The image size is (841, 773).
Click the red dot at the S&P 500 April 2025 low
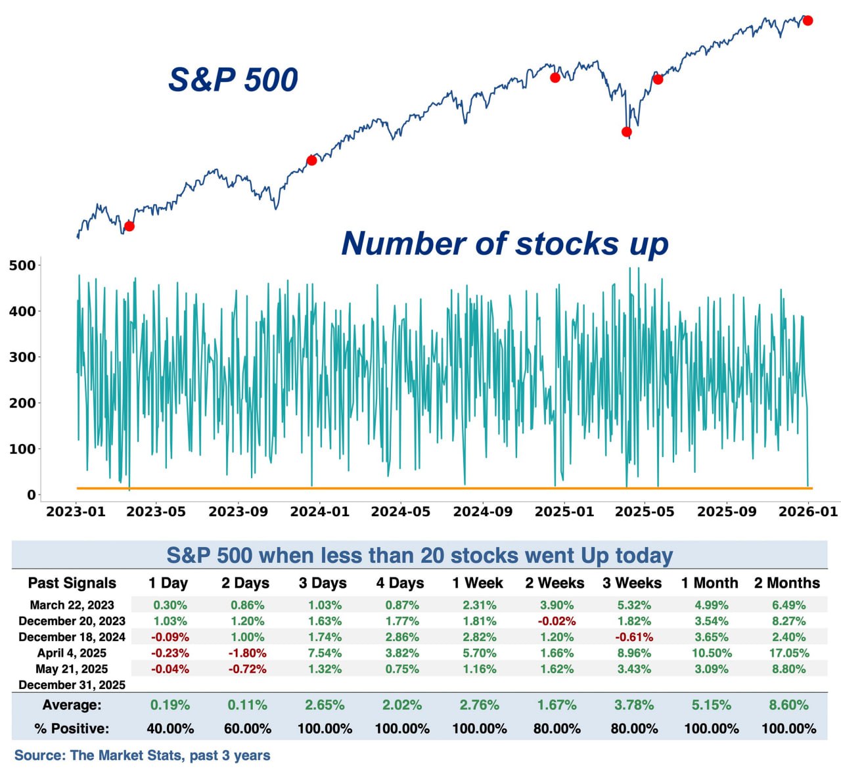click(x=626, y=132)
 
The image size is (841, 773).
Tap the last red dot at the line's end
click(x=808, y=20)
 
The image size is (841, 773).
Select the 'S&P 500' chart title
click(x=233, y=79)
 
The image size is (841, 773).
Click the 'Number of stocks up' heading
click(x=505, y=243)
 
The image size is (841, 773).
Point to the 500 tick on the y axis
click(x=22, y=265)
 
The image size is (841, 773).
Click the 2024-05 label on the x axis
click(x=401, y=512)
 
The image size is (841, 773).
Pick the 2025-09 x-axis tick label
click(x=727, y=512)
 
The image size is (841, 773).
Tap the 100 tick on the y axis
click(x=22, y=449)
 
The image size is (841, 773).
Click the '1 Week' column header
click(x=478, y=583)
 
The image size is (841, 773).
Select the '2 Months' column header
click(x=787, y=583)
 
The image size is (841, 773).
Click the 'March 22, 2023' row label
click(x=72, y=605)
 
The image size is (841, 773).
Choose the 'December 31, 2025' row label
click(x=72, y=685)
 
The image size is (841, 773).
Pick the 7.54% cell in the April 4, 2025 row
click(x=325, y=653)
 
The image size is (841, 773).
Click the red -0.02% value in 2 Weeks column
click(x=557, y=621)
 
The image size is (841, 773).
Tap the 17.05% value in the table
click(x=788, y=653)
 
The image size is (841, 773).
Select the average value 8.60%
click(x=788, y=705)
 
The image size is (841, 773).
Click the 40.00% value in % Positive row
click(x=170, y=729)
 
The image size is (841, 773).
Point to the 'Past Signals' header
click(x=72, y=583)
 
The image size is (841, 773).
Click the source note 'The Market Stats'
click(x=125, y=755)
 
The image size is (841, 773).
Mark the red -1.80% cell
click(x=247, y=653)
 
